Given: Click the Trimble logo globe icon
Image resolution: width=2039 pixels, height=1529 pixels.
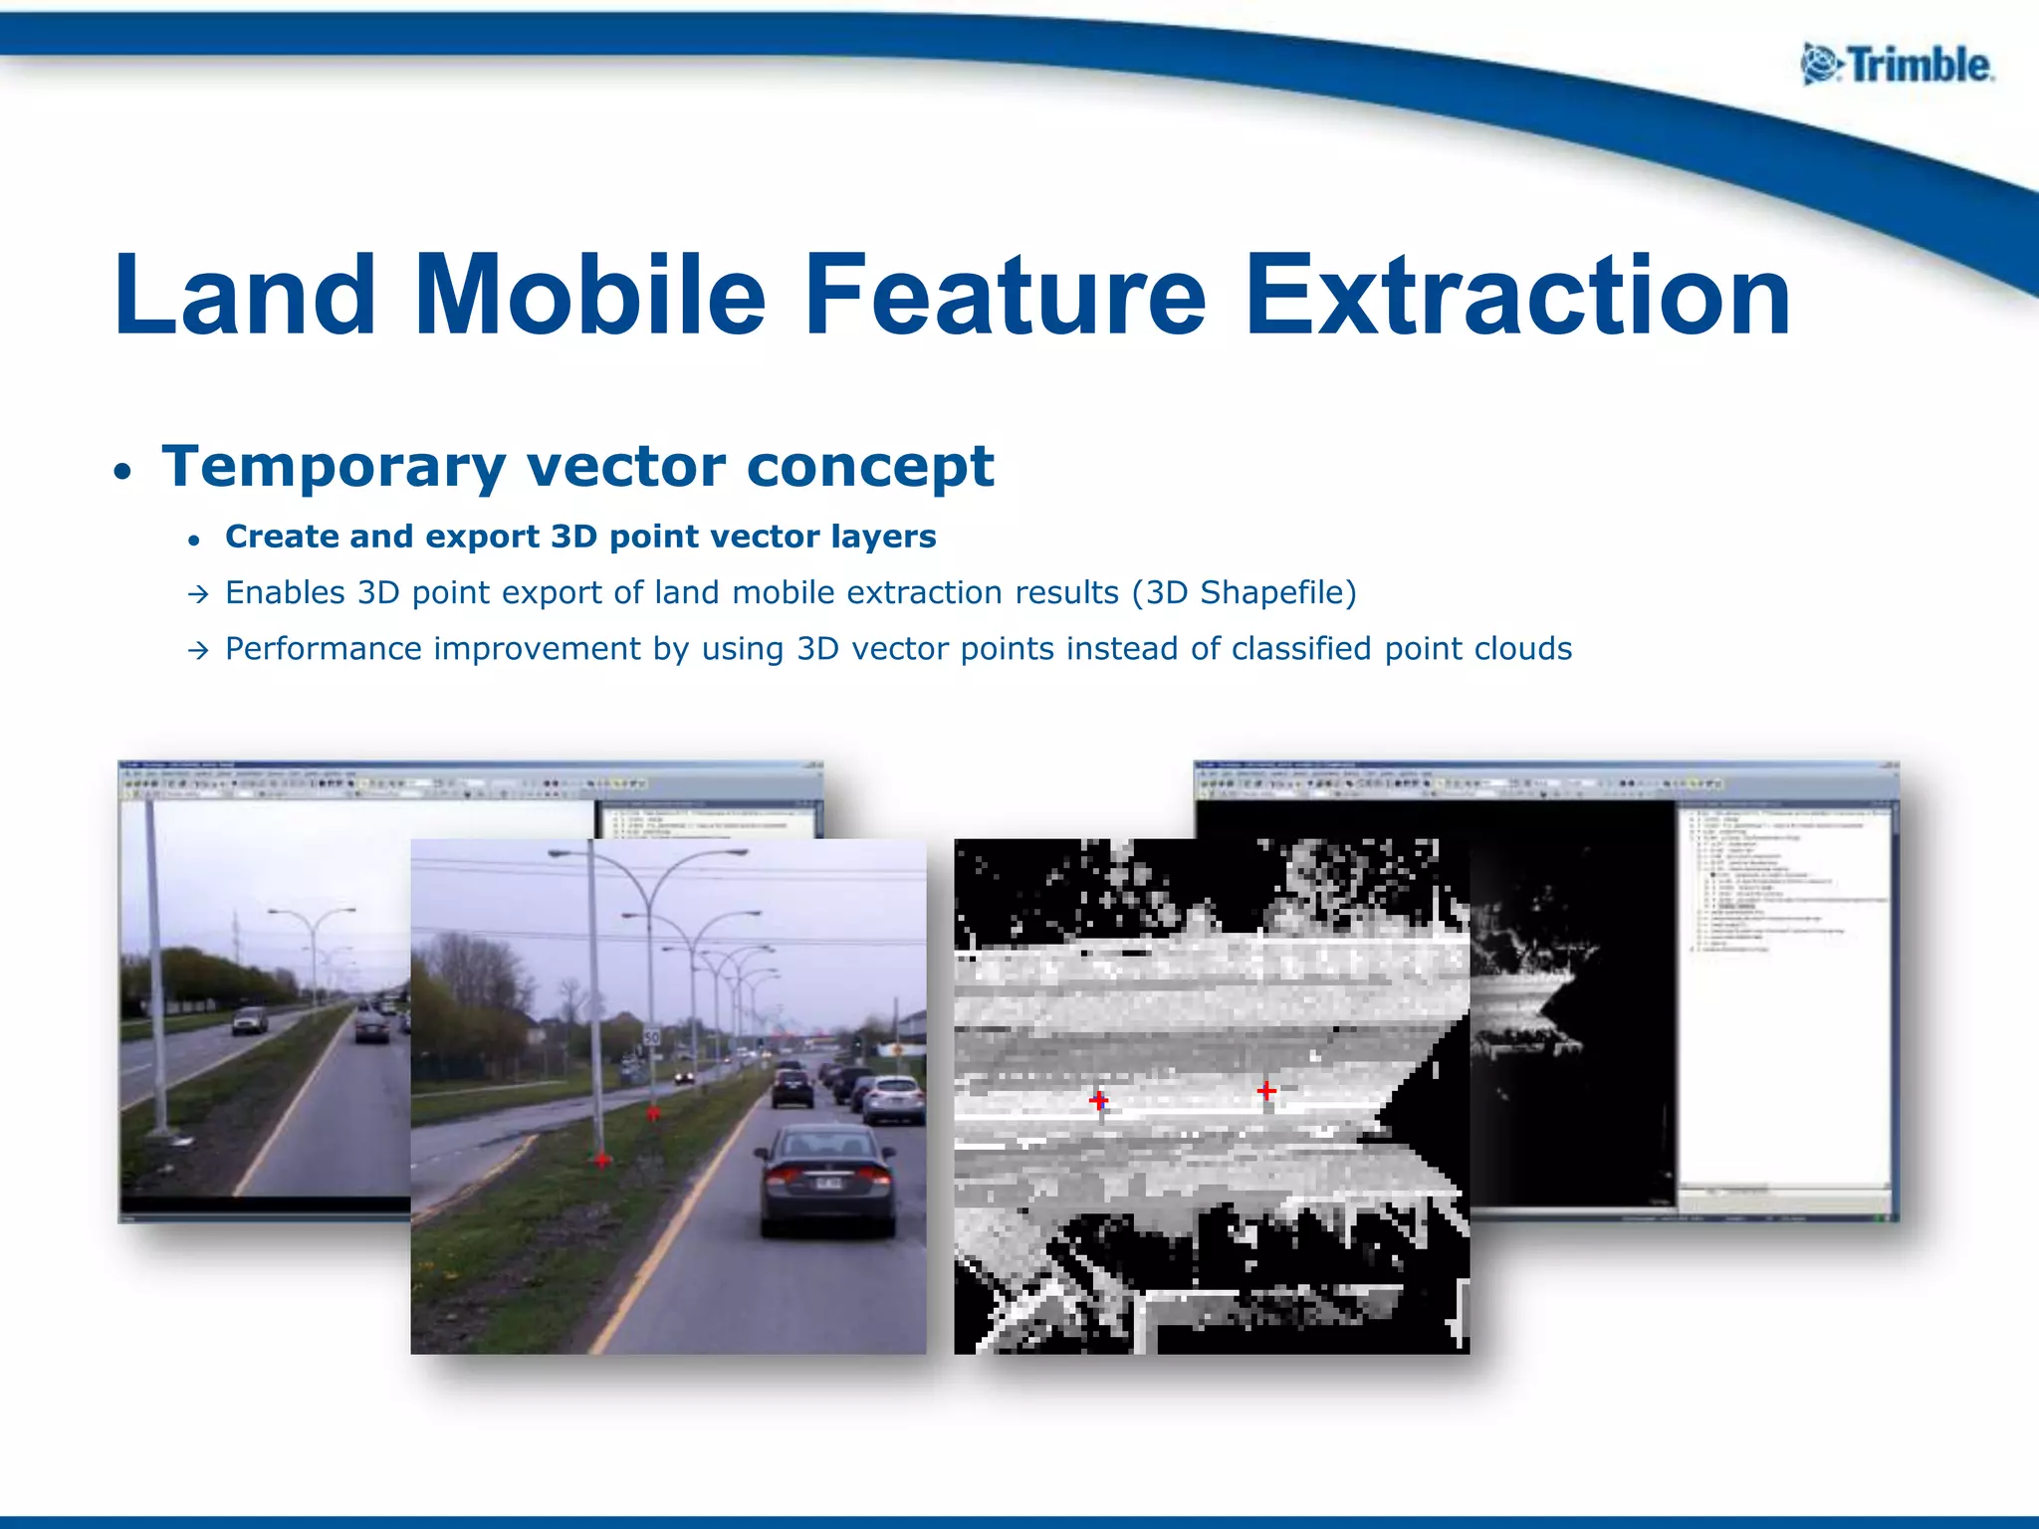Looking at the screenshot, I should click(1821, 66).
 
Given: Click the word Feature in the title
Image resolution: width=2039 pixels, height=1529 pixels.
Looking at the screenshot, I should click(1005, 296).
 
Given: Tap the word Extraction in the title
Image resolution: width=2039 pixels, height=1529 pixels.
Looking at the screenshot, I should click(1517, 296).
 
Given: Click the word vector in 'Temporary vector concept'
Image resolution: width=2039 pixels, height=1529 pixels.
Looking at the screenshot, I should click(628, 466).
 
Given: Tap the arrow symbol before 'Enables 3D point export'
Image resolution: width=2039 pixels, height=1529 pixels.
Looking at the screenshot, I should click(198, 595).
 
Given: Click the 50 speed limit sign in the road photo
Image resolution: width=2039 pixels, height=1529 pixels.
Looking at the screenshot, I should click(651, 1037).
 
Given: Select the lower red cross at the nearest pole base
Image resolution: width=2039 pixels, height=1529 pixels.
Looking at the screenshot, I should click(602, 1160).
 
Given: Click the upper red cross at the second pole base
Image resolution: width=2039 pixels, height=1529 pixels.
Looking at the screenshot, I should click(653, 1112).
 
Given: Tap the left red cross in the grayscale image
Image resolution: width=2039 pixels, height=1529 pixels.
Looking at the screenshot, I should click(1098, 1100).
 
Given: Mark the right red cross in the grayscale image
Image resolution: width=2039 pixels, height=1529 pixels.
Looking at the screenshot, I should click(1266, 1091).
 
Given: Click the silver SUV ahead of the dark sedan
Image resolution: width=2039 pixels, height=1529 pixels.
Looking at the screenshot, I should click(893, 1098).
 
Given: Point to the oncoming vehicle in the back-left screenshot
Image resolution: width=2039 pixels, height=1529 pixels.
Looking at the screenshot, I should click(249, 1020).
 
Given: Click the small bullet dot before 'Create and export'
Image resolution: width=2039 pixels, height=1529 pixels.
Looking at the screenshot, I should click(195, 541).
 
